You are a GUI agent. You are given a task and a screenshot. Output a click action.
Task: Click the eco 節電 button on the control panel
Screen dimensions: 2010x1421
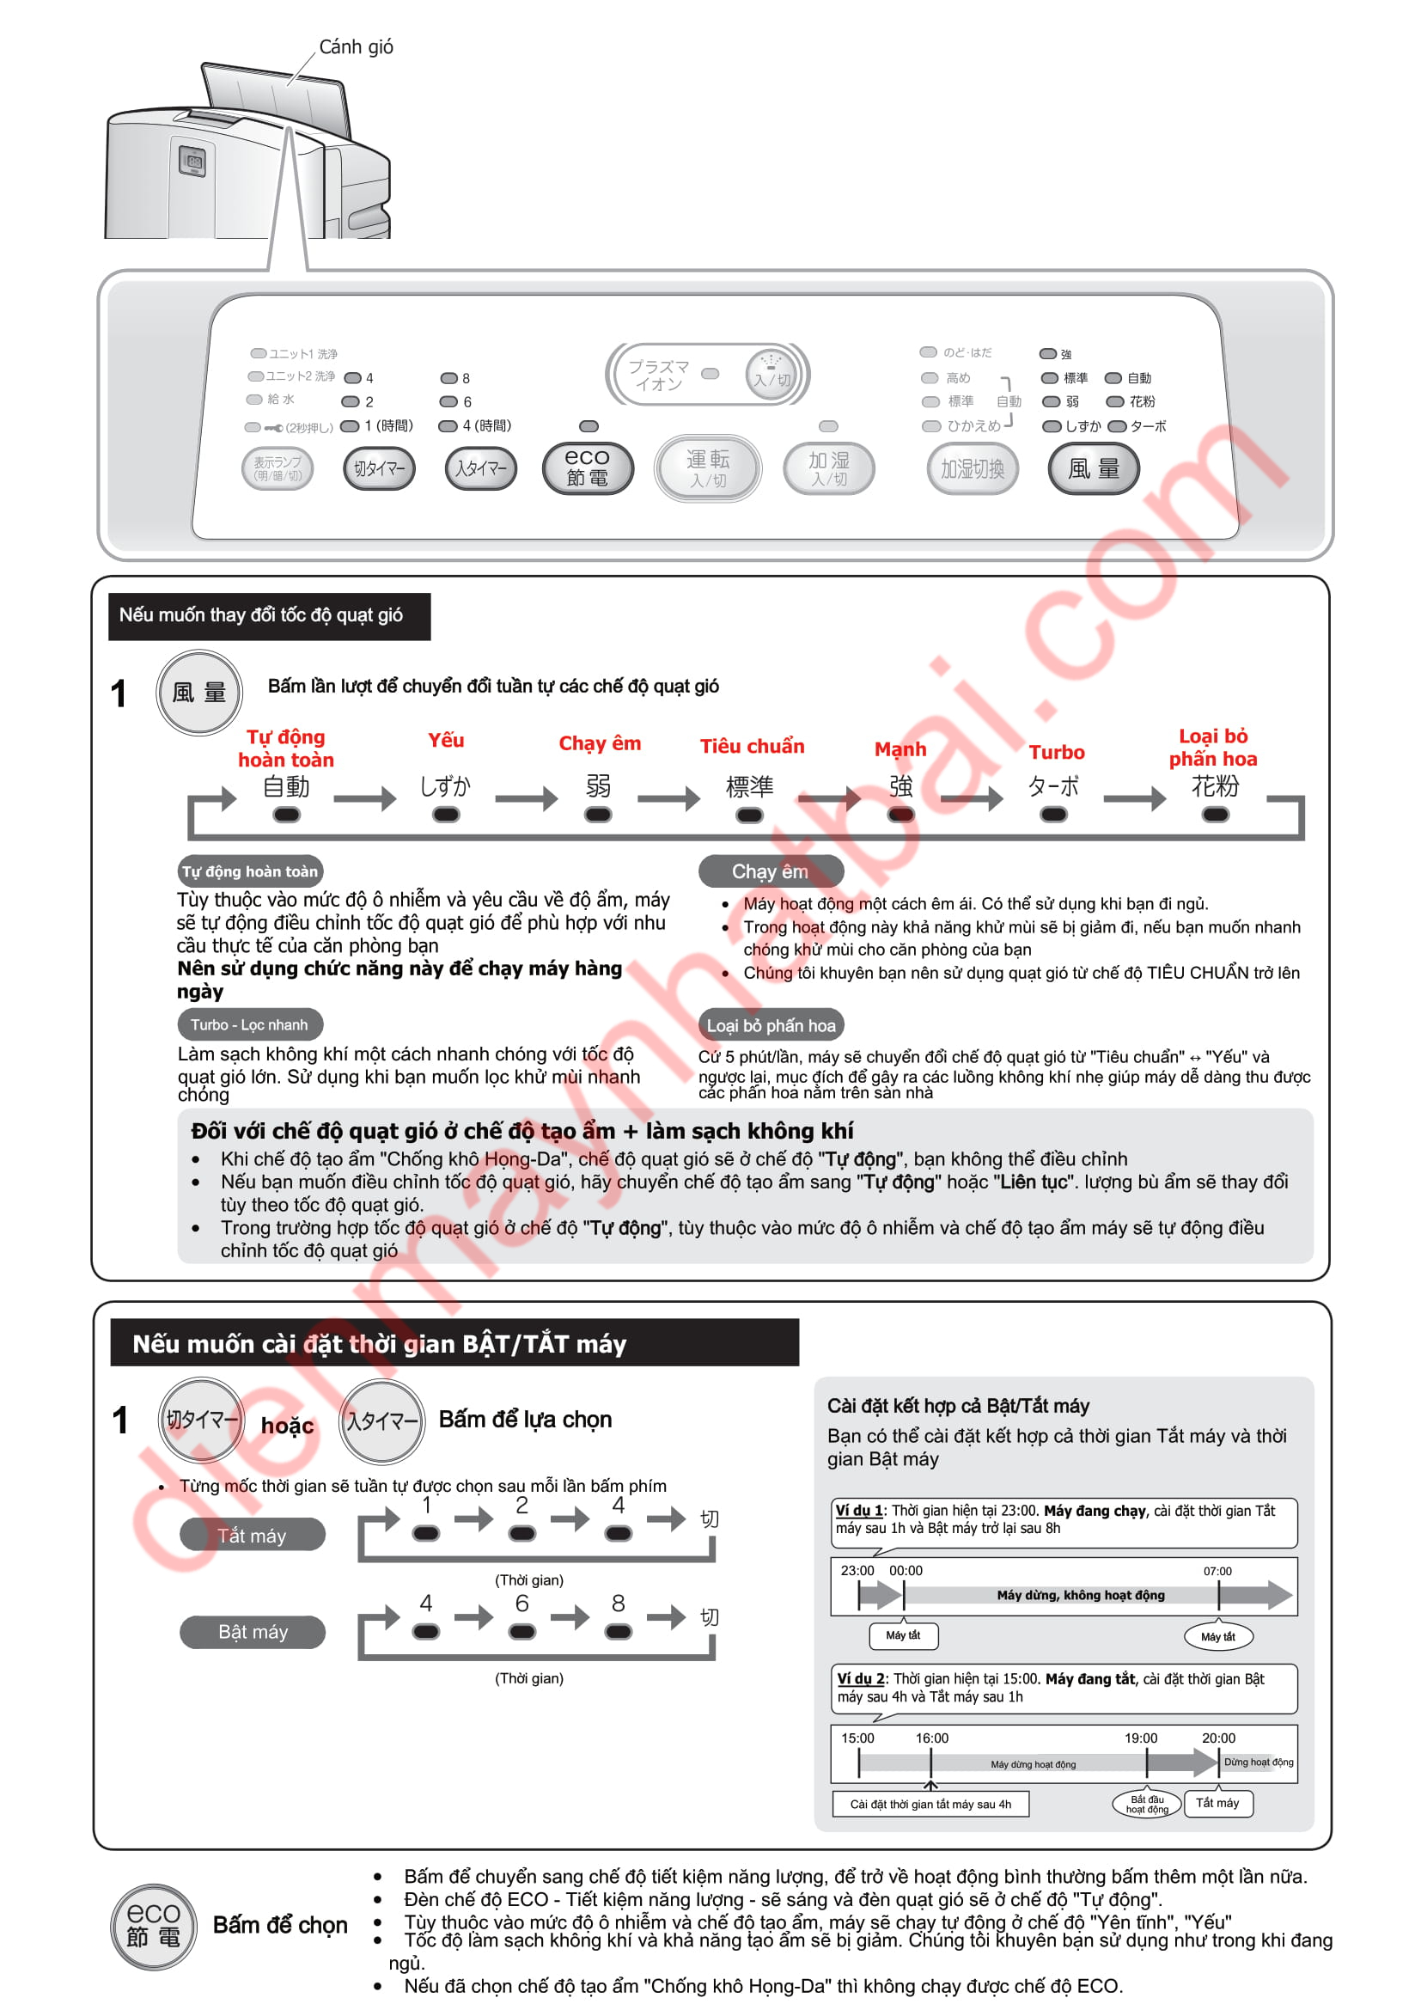pos(587,467)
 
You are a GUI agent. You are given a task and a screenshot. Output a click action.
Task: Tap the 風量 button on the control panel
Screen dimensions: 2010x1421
pos(1094,468)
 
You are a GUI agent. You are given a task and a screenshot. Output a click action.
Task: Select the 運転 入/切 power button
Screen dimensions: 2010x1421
pos(708,468)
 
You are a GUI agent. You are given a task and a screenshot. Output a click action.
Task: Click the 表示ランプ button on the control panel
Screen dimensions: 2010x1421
pos(277,468)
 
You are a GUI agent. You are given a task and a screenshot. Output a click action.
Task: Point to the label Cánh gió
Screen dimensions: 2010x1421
pos(357,46)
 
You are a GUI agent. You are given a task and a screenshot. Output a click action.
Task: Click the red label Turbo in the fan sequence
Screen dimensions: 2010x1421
pos(1056,752)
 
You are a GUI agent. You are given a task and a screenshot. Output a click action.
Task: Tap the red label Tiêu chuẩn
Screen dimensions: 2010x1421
pos(752,746)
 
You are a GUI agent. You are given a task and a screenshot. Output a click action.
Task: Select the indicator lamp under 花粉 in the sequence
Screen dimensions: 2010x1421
pos(1215,815)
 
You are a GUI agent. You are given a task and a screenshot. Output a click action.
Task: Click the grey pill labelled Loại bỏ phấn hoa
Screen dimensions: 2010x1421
pos(771,1025)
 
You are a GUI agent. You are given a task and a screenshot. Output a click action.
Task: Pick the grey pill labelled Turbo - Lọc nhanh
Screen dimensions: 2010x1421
pos(249,1024)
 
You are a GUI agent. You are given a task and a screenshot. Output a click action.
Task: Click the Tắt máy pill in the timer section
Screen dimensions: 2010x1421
pos(252,1536)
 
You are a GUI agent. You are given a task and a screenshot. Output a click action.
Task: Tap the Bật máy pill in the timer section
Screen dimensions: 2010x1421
pos(252,1632)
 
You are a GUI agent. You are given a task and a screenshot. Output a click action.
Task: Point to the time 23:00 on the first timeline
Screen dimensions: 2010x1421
pos(857,1571)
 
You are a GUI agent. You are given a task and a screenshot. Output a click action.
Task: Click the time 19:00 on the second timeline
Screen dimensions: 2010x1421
pos(1140,1738)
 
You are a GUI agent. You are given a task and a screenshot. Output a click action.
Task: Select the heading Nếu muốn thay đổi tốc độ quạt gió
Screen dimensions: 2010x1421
pos(261,615)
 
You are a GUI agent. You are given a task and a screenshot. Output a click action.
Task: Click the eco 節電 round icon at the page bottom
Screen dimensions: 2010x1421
pos(153,1927)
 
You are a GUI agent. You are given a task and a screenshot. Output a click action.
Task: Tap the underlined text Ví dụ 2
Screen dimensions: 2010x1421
pos(860,1679)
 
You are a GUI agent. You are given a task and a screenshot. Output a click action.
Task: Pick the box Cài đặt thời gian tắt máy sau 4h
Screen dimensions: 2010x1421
pos(930,1804)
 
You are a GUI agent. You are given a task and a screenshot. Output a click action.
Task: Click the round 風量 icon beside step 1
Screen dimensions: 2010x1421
pos(199,693)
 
